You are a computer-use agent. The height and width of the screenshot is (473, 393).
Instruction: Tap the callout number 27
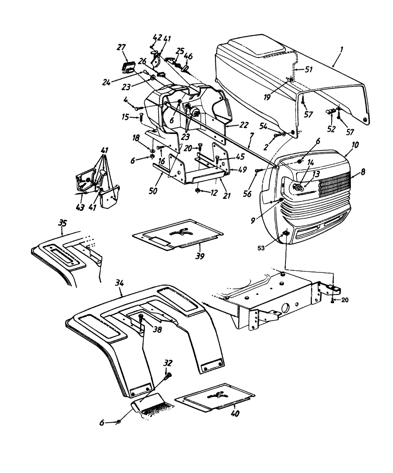pos(120,48)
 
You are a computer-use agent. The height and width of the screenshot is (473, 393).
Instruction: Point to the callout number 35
pos(62,223)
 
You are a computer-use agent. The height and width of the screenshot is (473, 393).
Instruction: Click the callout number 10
pos(355,145)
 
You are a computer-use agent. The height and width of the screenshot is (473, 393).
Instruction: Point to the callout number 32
pos(168,363)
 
